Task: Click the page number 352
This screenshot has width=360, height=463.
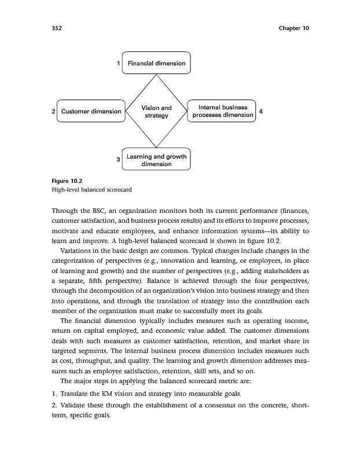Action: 57,28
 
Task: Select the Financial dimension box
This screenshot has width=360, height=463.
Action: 156,63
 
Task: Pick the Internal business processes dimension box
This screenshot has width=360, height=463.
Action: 222,111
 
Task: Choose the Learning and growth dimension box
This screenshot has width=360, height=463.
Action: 156,160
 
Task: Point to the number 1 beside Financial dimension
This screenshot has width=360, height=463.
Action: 119,63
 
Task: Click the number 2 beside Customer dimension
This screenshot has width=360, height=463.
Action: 53,111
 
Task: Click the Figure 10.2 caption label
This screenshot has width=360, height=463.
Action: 65,181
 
